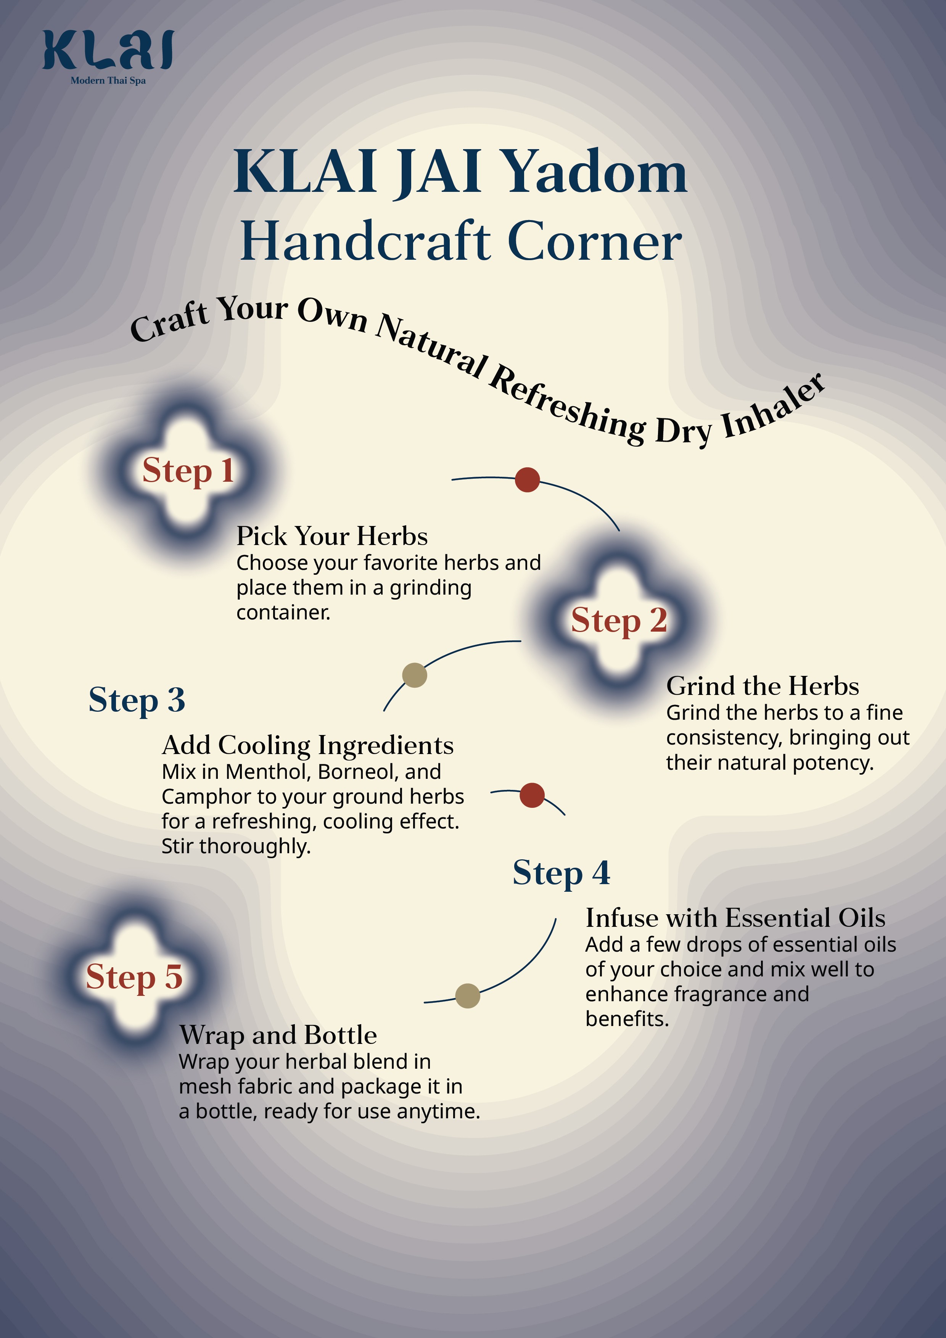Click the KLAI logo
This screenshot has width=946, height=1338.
(108, 51)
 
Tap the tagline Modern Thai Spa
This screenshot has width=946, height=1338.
(108, 80)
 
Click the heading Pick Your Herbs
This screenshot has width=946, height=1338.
(331, 536)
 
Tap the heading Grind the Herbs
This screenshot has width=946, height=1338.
(763, 686)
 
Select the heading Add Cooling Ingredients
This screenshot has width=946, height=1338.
(307, 745)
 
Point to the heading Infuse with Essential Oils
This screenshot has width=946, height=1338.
(735, 917)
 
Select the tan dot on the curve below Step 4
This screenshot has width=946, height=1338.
(467, 995)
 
